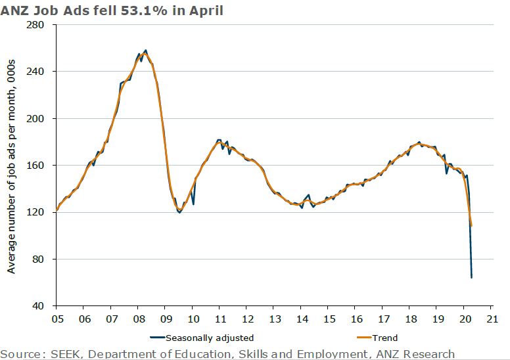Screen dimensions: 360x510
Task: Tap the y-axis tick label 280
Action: click(x=41, y=25)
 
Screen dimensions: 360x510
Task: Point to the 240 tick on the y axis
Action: click(x=41, y=72)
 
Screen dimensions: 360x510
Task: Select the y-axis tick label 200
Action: click(x=41, y=118)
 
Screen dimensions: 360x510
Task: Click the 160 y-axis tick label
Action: click(x=41, y=166)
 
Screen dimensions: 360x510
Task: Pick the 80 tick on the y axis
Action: click(x=43, y=259)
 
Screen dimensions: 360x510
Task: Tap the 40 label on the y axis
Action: click(x=43, y=306)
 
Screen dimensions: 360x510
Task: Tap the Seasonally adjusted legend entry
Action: click(x=206, y=338)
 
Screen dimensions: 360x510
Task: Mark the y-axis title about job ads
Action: click(x=11, y=166)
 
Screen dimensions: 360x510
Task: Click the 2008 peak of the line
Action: click(x=145, y=50)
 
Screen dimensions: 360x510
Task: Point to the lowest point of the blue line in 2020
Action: click(x=472, y=277)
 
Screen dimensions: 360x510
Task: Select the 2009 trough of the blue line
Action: click(x=179, y=213)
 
